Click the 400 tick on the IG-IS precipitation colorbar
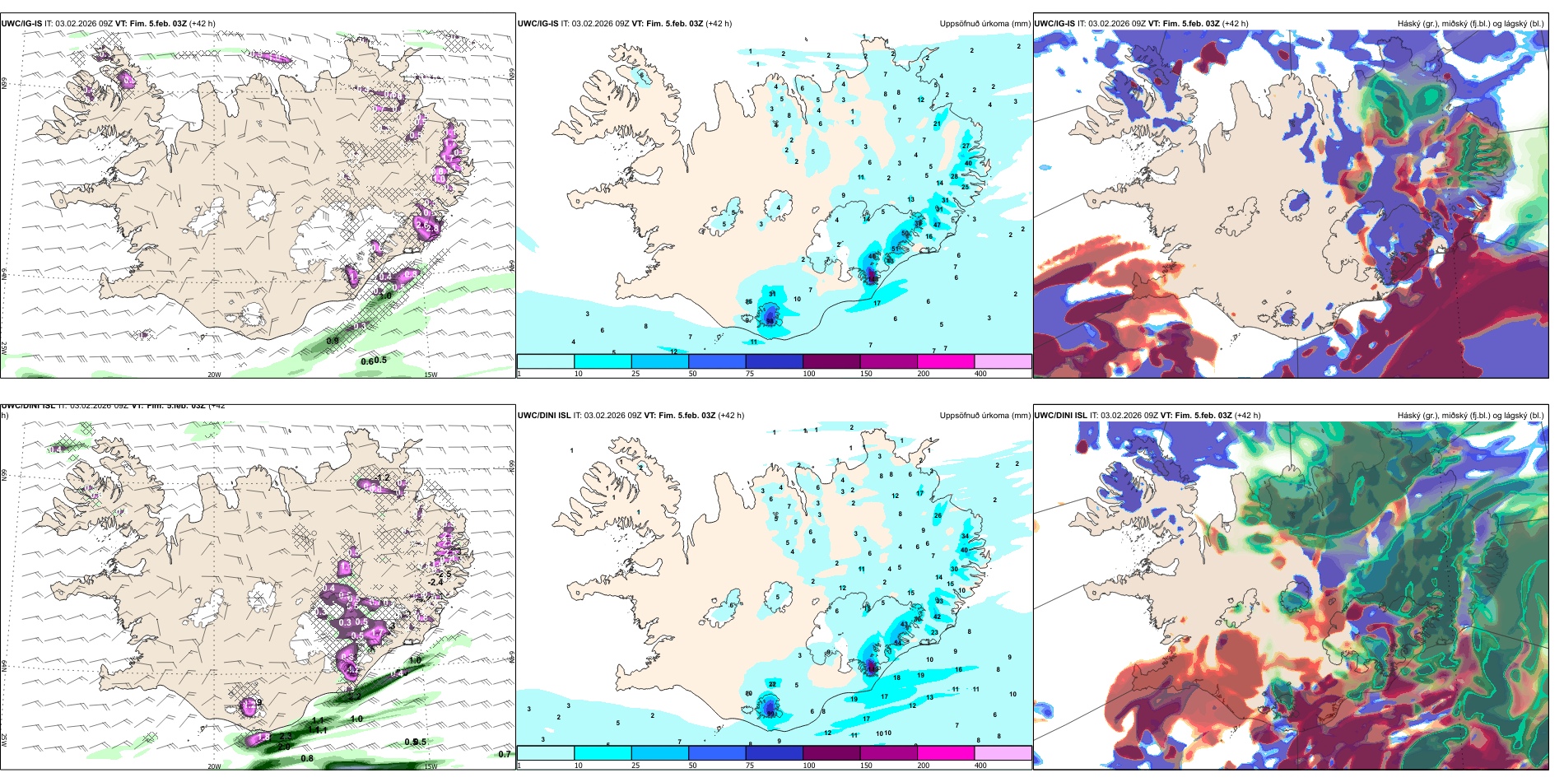click(980, 374)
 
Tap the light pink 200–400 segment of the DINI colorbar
click(1003, 753)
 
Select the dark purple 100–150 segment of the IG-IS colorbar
click(831, 361)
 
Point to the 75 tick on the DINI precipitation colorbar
click(750, 766)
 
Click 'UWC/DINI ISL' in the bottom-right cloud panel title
click(1060, 416)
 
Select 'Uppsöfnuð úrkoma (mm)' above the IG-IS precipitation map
click(984, 24)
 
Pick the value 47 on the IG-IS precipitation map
click(937, 225)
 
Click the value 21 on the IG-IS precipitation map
click(937, 124)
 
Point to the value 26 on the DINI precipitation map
click(938, 516)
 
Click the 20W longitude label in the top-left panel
click(214, 375)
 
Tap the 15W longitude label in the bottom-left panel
click(430, 766)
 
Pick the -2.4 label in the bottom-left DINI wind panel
click(435, 582)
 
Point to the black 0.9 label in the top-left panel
click(332, 341)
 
